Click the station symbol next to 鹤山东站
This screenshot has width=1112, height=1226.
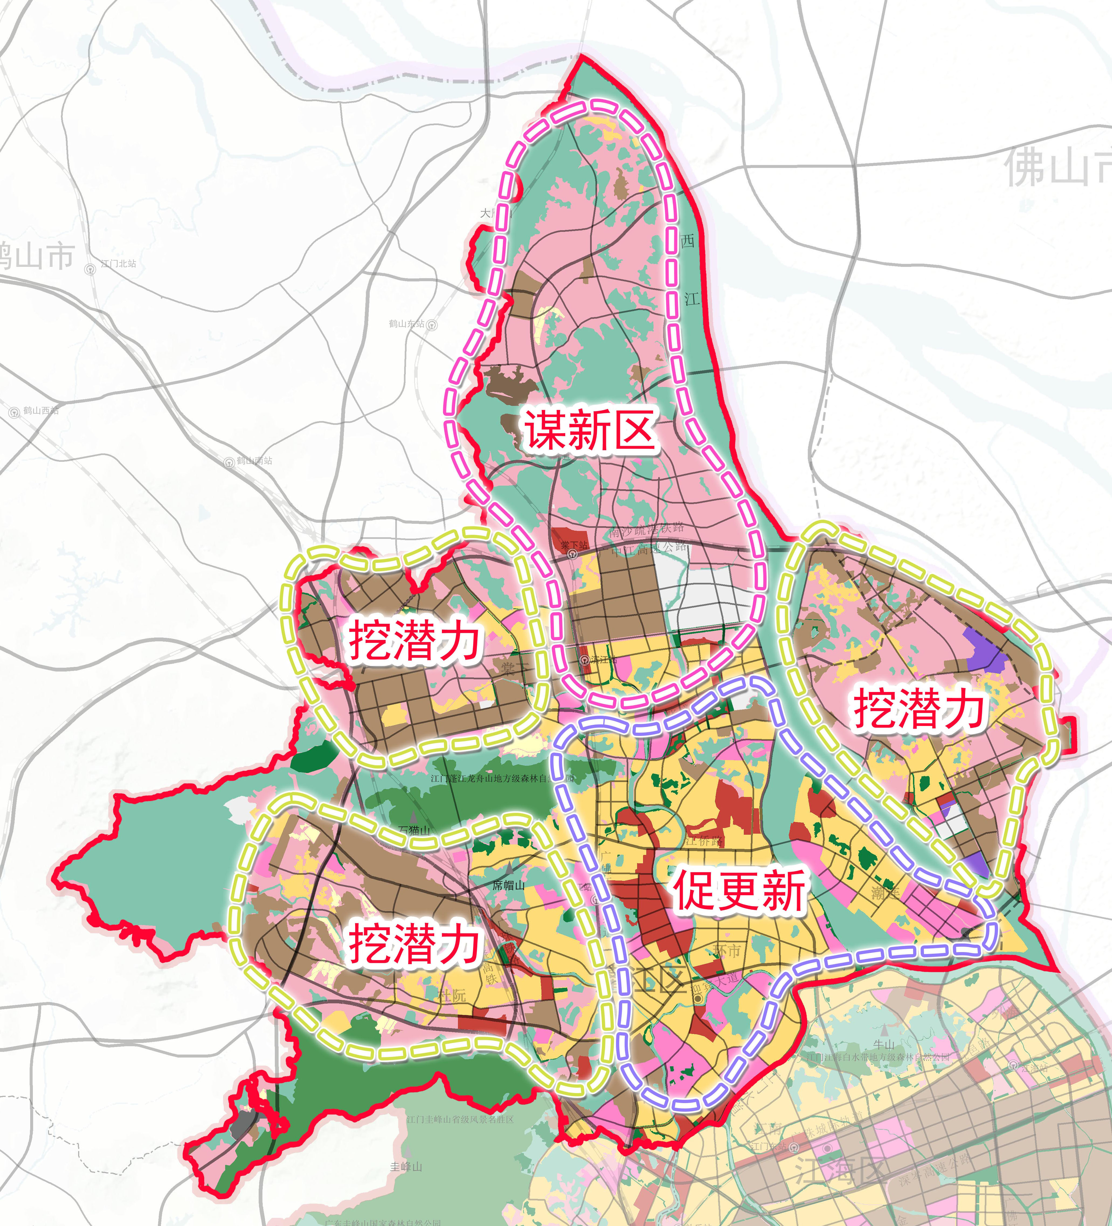click(432, 325)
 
